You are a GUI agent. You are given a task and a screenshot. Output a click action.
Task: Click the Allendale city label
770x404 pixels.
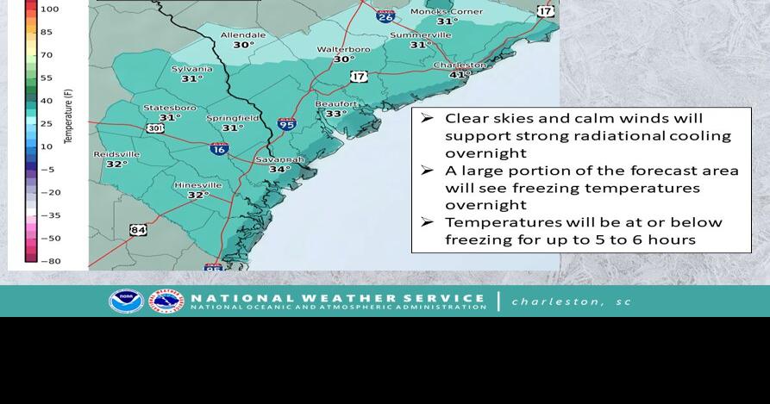click(243, 35)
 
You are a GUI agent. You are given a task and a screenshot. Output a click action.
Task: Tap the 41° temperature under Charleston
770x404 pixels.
click(460, 75)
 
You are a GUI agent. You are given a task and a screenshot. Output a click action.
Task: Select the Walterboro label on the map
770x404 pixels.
click(343, 49)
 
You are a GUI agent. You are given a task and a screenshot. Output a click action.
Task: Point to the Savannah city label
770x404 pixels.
click(279, 159)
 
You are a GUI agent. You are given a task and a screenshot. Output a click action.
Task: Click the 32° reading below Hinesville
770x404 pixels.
click(198, 196)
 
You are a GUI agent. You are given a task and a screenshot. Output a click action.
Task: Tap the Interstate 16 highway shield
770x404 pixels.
click(219, 148)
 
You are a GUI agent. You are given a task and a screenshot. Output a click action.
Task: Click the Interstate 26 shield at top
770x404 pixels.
click(385, 16)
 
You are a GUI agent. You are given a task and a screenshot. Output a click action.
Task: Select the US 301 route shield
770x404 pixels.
click(155, 128)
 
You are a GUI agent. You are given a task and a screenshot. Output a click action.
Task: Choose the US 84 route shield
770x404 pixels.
click(138, 229)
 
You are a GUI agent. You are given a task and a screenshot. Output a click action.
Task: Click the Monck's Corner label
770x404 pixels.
click(447, 11)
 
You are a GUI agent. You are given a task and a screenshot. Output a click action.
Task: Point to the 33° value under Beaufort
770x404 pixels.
click(335, 114)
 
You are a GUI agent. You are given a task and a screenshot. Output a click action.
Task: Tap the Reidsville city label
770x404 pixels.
click(116, 154)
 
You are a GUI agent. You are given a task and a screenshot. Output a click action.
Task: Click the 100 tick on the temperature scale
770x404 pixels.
click(49, 9)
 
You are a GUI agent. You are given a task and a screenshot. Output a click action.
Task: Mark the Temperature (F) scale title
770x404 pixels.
click(69, 115)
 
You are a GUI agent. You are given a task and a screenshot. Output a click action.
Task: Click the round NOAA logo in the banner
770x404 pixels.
click(126, 301)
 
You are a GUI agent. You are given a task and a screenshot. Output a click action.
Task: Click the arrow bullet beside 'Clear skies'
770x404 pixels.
click(427, 118)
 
